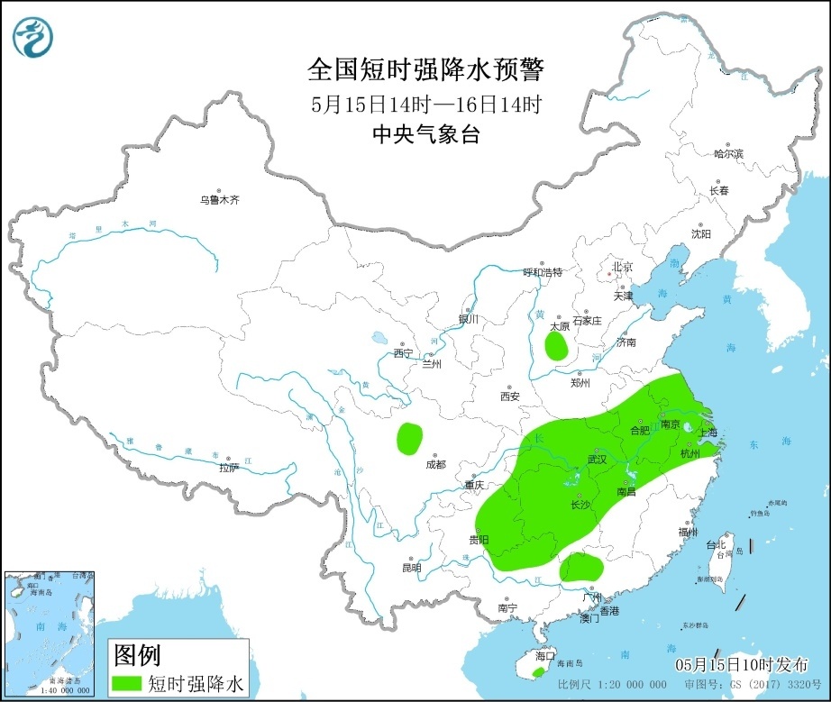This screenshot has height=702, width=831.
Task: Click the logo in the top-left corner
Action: pyautogui.click(x=33, y=37)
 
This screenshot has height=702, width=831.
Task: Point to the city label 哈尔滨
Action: pyautogui.click(x=728, y=154)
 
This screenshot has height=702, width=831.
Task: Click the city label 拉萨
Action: pyautogui.click(x=229, y=468)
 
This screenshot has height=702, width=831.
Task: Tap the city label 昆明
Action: pyautogui.click(x=411, y=568)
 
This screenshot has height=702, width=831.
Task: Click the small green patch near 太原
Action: pyautogui.click(x=557, y=346)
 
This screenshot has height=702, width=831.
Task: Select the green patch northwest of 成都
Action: pyautogui.click(x=409, y=438)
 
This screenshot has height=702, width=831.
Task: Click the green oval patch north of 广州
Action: pyautogui.click(x=581, y=568)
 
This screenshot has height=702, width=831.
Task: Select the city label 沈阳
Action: pyautogui.click(x=700, y=233)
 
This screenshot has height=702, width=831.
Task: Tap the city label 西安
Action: pyautogui.click(x=510, y=397)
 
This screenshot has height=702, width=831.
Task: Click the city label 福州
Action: pyautogui.click(x=688, y=532)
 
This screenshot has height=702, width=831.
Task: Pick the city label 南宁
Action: pyautogui.click(x=507, y=608)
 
